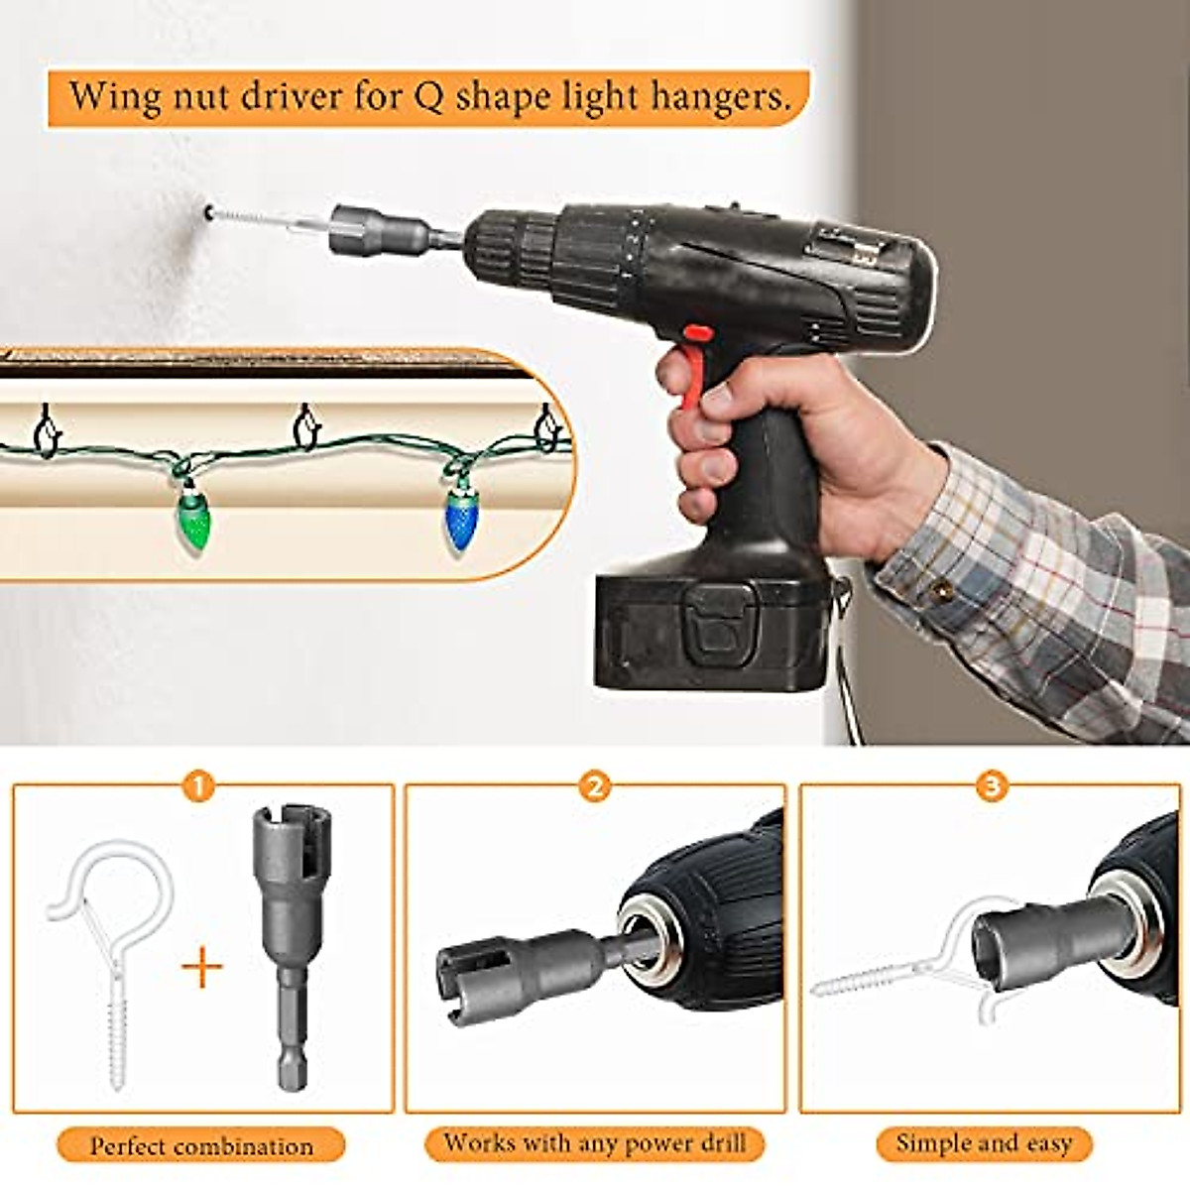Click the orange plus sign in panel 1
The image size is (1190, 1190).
pos(202,966)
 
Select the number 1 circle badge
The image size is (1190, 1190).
pos(198,787)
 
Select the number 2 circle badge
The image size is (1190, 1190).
pos(594,787)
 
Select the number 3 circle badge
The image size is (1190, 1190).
pos(991,787)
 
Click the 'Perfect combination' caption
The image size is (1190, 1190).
pos(201,1146)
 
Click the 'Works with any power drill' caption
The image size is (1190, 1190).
pos(594,1142)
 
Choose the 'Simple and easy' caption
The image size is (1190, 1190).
pos(984,1143)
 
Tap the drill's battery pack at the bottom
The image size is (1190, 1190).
pos(709,630)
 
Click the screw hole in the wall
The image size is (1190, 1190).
pos(209,210)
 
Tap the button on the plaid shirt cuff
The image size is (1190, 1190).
pos(942,592)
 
